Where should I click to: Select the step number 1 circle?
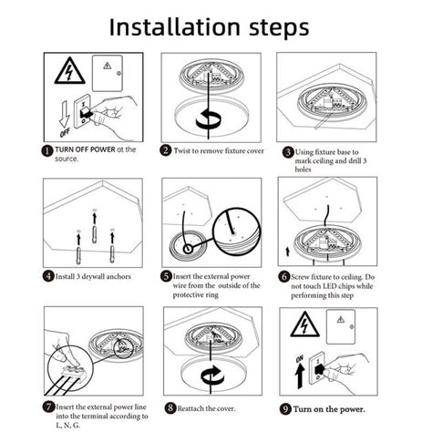47,150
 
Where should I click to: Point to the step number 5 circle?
167,275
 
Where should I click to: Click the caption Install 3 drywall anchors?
93,274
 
